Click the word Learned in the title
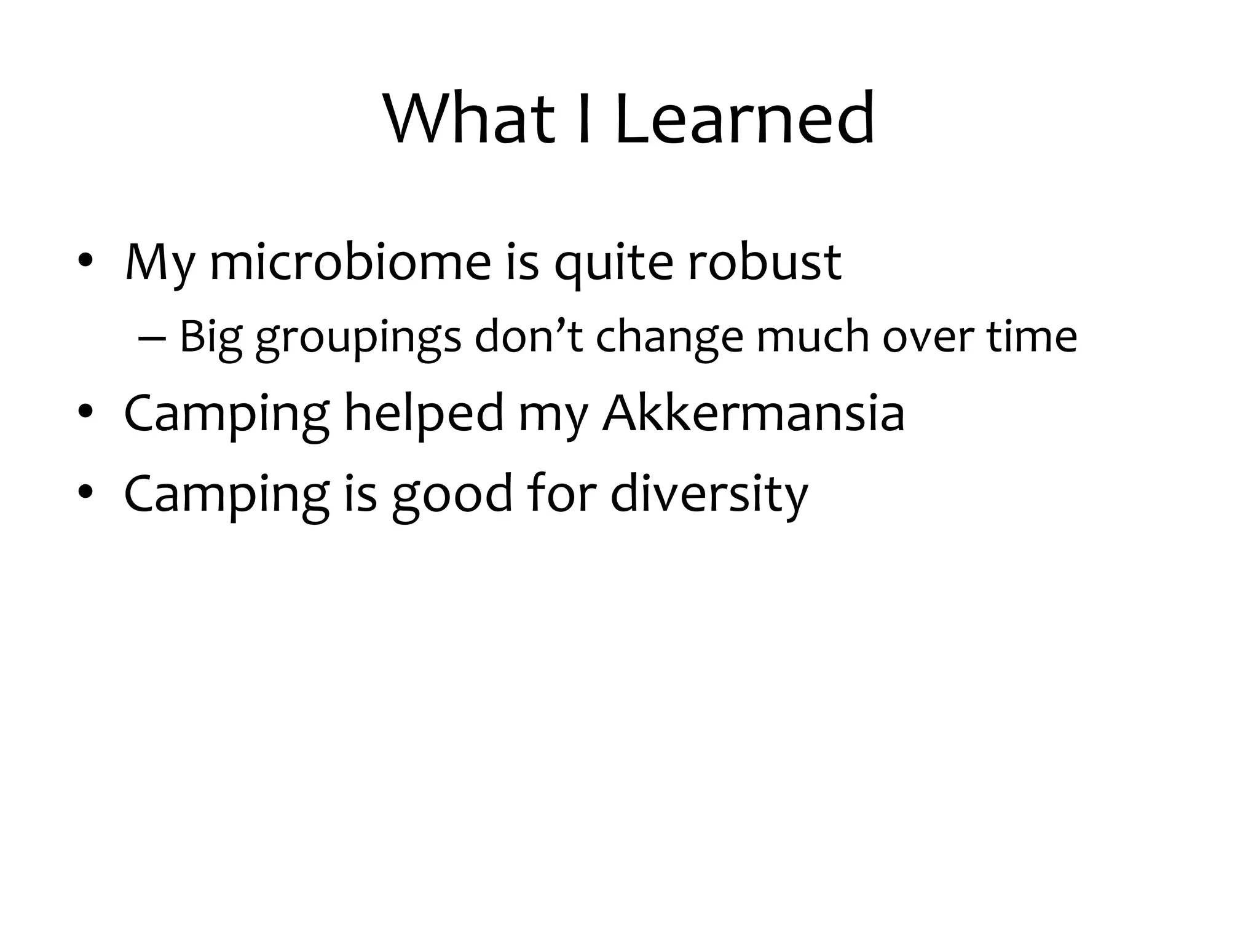pyautogui.click(x=744, y=118)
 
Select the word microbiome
pyautogui.click(x=350, y=263)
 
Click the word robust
pyautogui.click(x=764, y=263)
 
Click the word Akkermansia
pyautogui.click(x=753, y=413)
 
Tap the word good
pyautogui.click(x=452, y=495)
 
